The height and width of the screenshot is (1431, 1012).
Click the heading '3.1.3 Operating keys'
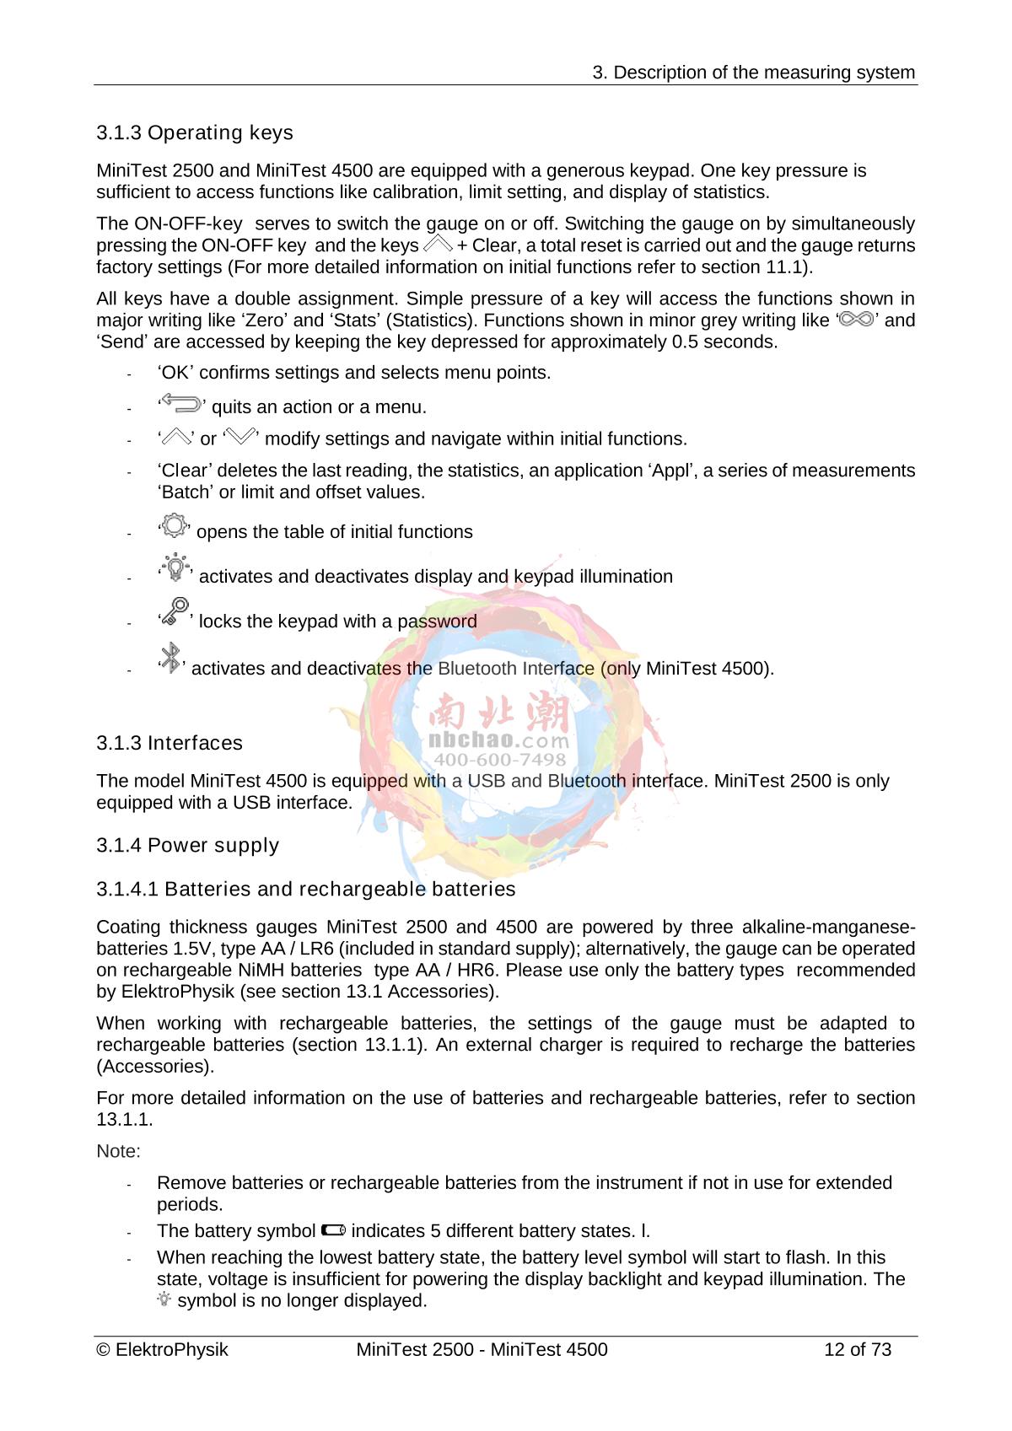click(x=194, y=133)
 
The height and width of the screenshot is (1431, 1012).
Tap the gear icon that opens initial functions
click(x=174, y=526)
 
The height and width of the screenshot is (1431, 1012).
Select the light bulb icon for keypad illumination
click(x=175, y=568)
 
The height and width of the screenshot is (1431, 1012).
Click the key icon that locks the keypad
click(x=175, y=612)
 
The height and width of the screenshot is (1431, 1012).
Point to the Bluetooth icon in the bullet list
click(x=171, y=659)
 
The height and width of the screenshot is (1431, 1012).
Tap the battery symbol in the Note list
click(x=333, y=1230)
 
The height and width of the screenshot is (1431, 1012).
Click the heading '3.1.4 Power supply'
click(x=187, y=846)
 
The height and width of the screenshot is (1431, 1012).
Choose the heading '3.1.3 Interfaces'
click(x=169, y=743)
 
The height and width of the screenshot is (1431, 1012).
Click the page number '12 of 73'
click(x=857, y=1350)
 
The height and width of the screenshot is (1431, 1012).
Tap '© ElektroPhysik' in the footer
click(x=163, y=1350)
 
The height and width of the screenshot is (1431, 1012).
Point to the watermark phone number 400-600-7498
click(x=499, y=759)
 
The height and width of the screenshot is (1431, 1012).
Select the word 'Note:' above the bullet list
click(x=118, y=1151)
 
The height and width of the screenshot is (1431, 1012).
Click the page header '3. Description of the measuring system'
click(x=753, y=73)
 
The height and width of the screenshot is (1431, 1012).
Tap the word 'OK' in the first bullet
click(x=175, y=373)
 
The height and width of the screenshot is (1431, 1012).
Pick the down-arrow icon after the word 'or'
click(x=240, y=437)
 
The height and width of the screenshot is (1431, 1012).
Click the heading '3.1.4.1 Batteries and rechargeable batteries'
click(x=305, y=890)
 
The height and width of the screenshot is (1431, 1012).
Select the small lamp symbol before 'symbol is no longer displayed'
click(x=164, y=1300)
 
